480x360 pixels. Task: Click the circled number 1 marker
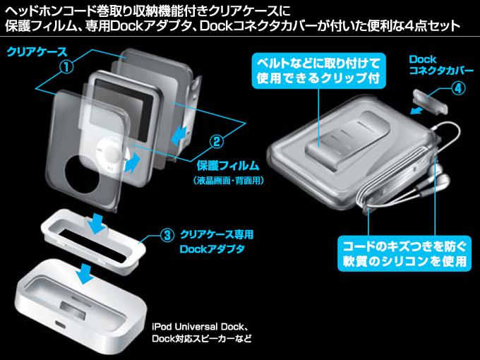67,67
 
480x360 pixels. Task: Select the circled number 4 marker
457,89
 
